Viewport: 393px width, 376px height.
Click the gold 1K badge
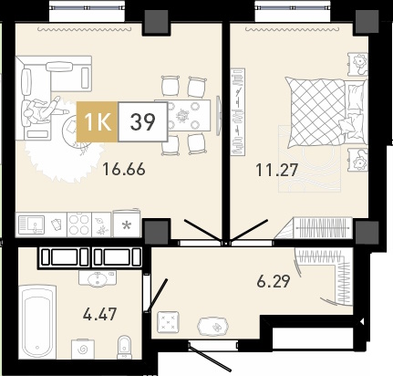click(97, 121)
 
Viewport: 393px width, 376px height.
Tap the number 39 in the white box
click(142, 121)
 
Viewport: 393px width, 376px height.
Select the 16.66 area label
click(124, 169)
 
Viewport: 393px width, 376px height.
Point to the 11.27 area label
click(276, 170)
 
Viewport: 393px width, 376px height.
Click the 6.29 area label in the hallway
click(274, 281)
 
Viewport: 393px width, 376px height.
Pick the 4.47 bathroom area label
click(99, 314)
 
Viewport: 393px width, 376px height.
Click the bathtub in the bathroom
click(37, 322)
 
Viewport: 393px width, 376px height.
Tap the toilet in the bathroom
click(124, 347)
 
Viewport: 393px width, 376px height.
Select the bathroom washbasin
click(98, 278)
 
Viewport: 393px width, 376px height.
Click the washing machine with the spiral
click(82, 350)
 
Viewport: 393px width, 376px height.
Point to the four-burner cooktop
click(79, 225)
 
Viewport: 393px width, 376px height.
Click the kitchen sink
click(32, 225)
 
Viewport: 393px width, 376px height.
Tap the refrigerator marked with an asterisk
click(127, 224)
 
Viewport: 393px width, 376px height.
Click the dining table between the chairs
click(182, 115)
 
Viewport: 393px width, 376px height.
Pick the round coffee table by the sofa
click(75, 131)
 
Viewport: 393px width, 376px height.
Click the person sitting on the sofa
click(42, 110)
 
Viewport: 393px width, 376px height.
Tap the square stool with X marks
click(167, 322)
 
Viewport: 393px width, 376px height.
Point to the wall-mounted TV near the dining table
click(218, 116)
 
